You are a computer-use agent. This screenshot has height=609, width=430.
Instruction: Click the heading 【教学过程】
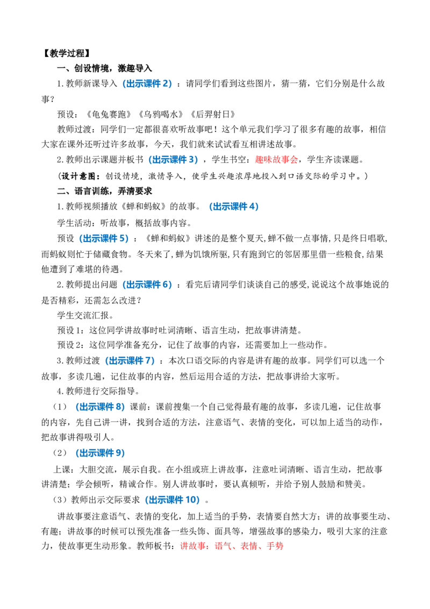[x=66, y=53]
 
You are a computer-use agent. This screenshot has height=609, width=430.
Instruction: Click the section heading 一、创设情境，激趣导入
[x=104, y=68]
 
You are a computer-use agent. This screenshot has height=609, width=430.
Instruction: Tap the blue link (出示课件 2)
[x=147, y=83]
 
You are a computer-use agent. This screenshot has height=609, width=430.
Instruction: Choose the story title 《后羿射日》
[x=213, y=114]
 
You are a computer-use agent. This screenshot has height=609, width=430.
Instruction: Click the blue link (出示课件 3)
[x=173, y=160]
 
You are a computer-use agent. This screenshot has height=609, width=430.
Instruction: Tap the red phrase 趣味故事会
[x=276, y=160]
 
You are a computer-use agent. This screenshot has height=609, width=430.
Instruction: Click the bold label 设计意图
[x=78, y=176]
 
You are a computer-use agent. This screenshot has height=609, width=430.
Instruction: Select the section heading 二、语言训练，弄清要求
[x=104, y=191]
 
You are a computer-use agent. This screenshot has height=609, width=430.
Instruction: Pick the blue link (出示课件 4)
[x=234, y=207]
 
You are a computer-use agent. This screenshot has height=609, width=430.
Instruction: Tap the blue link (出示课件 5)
[x=104, y=238]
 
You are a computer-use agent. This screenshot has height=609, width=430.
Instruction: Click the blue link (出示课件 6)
[x=147, y=285]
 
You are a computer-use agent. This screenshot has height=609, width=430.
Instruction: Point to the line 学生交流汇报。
[x=85, y=315]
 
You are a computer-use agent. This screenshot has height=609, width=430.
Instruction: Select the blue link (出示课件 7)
[x=130, y=361]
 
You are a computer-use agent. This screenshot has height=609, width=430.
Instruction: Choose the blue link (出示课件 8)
[x=100, y=407]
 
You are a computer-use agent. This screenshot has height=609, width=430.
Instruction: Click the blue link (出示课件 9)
[x=100, y=454]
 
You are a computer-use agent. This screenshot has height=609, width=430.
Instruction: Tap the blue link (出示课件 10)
[x=173, y=500]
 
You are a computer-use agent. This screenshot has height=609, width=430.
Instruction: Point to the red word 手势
[x=275, y=546]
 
